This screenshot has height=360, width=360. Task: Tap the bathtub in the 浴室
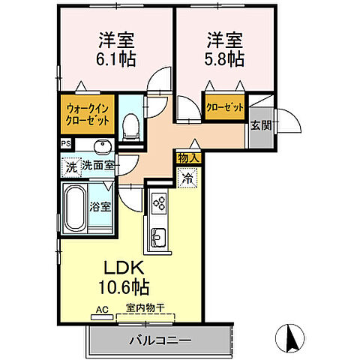(76, 209)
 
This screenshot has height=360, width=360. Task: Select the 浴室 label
(102, 207)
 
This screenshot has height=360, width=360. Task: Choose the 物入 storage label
(187, 158)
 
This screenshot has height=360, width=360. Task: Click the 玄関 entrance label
(261, 125)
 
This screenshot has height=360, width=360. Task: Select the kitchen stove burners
(159, 201)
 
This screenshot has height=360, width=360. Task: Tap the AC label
(100, 307)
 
